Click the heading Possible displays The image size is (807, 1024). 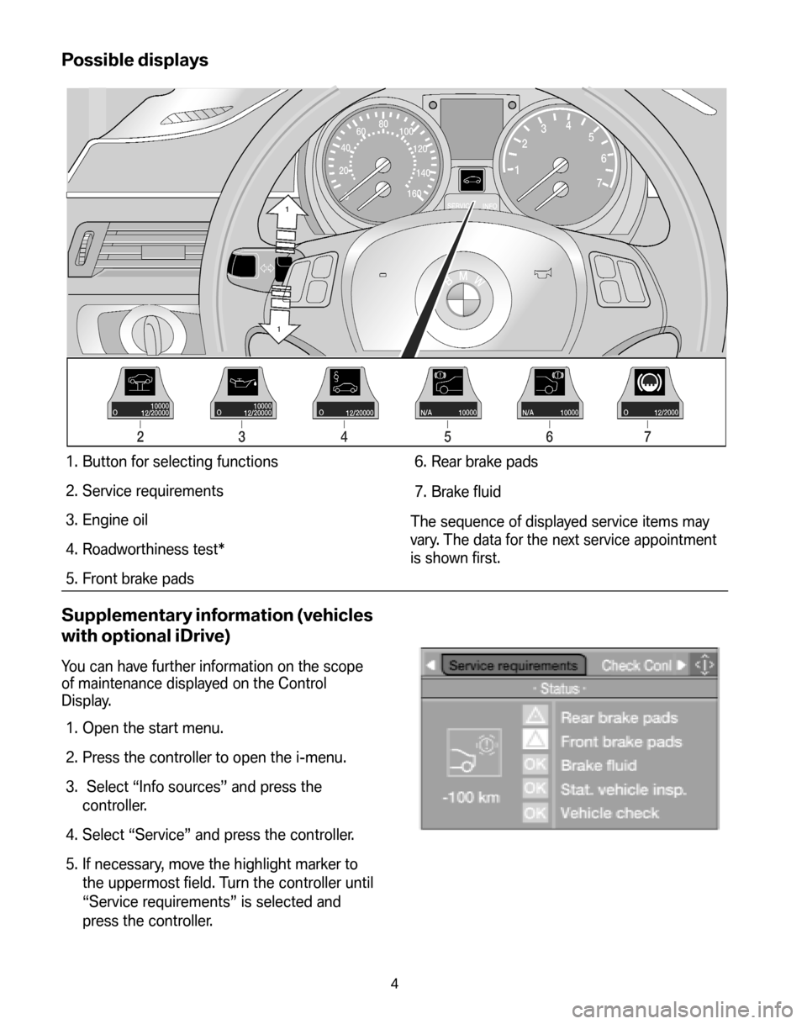coord(134,61)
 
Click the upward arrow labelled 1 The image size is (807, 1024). coord(287,212)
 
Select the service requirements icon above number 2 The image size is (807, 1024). coord(140,382)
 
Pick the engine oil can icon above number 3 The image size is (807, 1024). coord(242,382)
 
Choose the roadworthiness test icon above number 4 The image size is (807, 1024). coord(345,382)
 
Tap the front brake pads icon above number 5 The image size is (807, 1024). coord(447,382)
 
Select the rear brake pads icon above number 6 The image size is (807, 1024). coord(549,382)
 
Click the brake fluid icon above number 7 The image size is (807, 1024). coord(650,382)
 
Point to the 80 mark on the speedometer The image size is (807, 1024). coord(383,124)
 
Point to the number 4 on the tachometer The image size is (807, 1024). coord(568,126)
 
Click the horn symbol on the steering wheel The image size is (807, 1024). coord(542,273)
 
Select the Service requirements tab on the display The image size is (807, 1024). coord(514,665)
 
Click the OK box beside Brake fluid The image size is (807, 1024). coord(535,765)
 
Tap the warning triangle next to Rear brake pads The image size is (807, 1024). coord(535,715)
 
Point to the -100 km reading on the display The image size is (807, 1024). coord(471,798)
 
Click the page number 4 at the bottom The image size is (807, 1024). coord(394,984)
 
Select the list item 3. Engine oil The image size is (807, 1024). coord(107,520)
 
